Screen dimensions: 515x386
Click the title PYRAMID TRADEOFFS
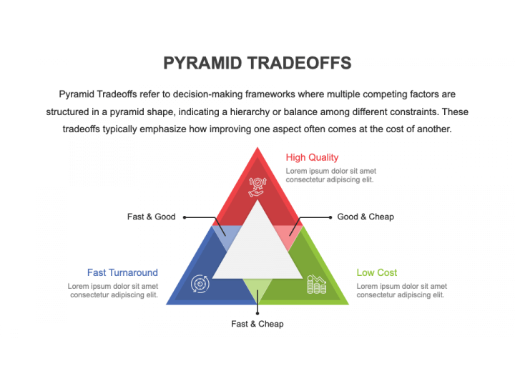pos(257,63)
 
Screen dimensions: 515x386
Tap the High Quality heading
pos(312,157)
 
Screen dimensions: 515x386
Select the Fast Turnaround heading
pos(122,272)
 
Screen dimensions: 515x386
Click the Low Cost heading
pos(377,272)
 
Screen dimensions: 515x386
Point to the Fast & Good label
pos(152,217)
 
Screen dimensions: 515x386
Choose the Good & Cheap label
pos(366,217)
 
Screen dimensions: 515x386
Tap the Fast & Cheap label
pos(257,324)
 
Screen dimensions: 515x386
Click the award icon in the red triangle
pos(257,187)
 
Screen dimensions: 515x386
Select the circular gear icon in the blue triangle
pos(200,284)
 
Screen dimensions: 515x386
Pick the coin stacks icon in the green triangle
pos(317,284)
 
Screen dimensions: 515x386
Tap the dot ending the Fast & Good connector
pos(185,217)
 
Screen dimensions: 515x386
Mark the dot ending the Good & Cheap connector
pos(330,217)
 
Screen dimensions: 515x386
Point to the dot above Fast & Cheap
pos(257,314)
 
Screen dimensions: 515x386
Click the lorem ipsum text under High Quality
pos(330,175)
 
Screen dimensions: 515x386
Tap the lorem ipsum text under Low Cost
pos(402,290)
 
